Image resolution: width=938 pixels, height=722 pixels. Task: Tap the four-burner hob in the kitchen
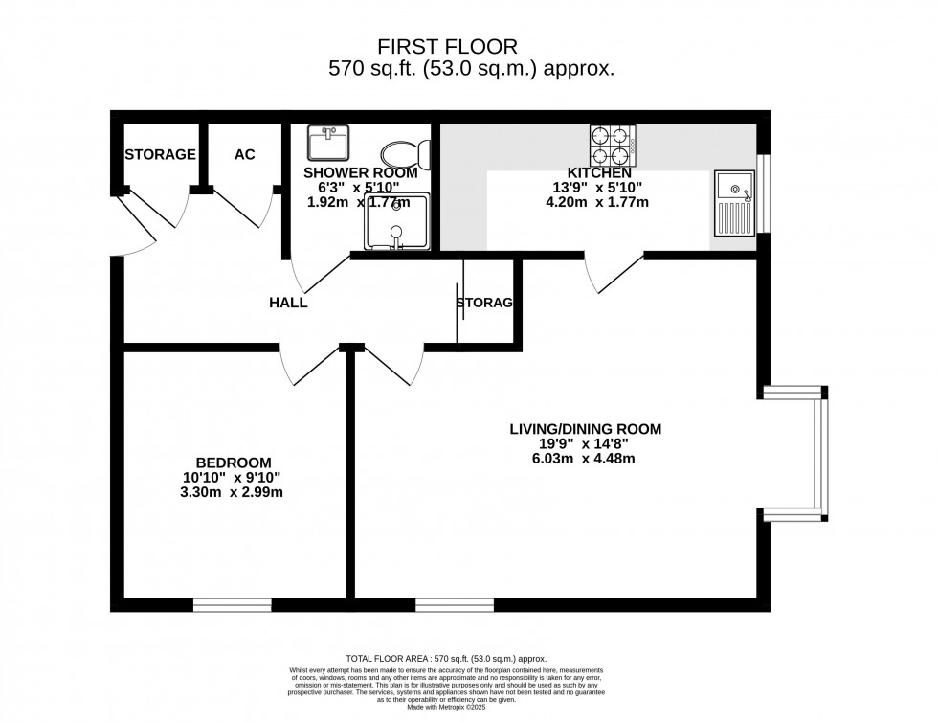613,146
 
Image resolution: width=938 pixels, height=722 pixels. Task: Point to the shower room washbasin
328,144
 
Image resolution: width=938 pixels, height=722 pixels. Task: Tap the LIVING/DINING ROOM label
585,429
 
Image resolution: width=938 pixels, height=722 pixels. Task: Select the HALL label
288,303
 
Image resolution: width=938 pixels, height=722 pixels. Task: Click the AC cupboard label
245,154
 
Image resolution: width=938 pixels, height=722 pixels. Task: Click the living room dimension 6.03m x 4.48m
585,459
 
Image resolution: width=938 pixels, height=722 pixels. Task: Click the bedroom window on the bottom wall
233,605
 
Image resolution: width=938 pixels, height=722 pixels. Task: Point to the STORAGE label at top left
160,154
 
